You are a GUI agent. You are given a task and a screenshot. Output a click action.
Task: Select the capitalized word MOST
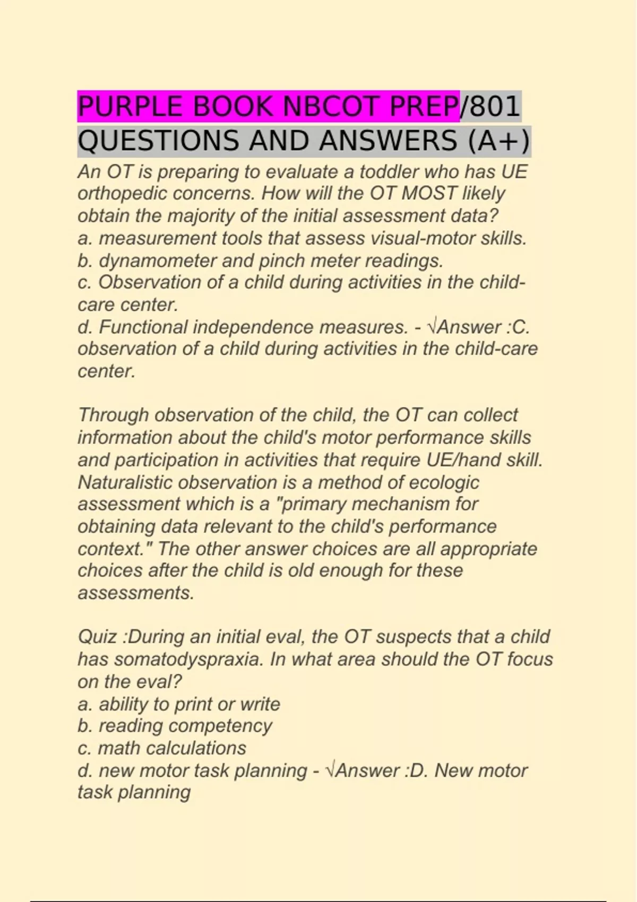[x=429, y=194]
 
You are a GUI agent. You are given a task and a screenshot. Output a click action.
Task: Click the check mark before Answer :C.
[x=432, y=327]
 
